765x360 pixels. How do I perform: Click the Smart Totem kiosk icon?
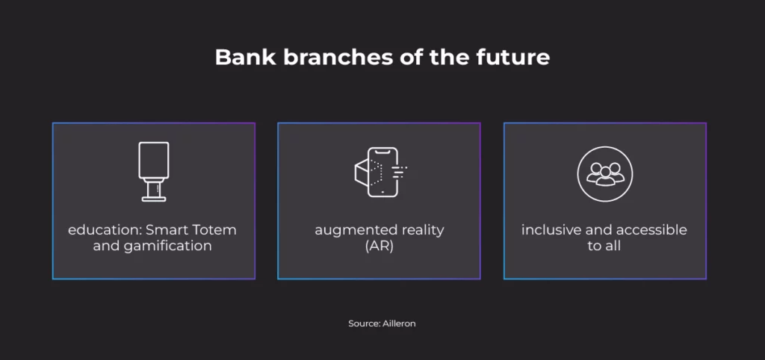154,172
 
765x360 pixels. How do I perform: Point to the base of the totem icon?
154,199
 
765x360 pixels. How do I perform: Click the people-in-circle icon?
605,174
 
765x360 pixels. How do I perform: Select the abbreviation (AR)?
379,246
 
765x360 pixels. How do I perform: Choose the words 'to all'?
604,246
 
